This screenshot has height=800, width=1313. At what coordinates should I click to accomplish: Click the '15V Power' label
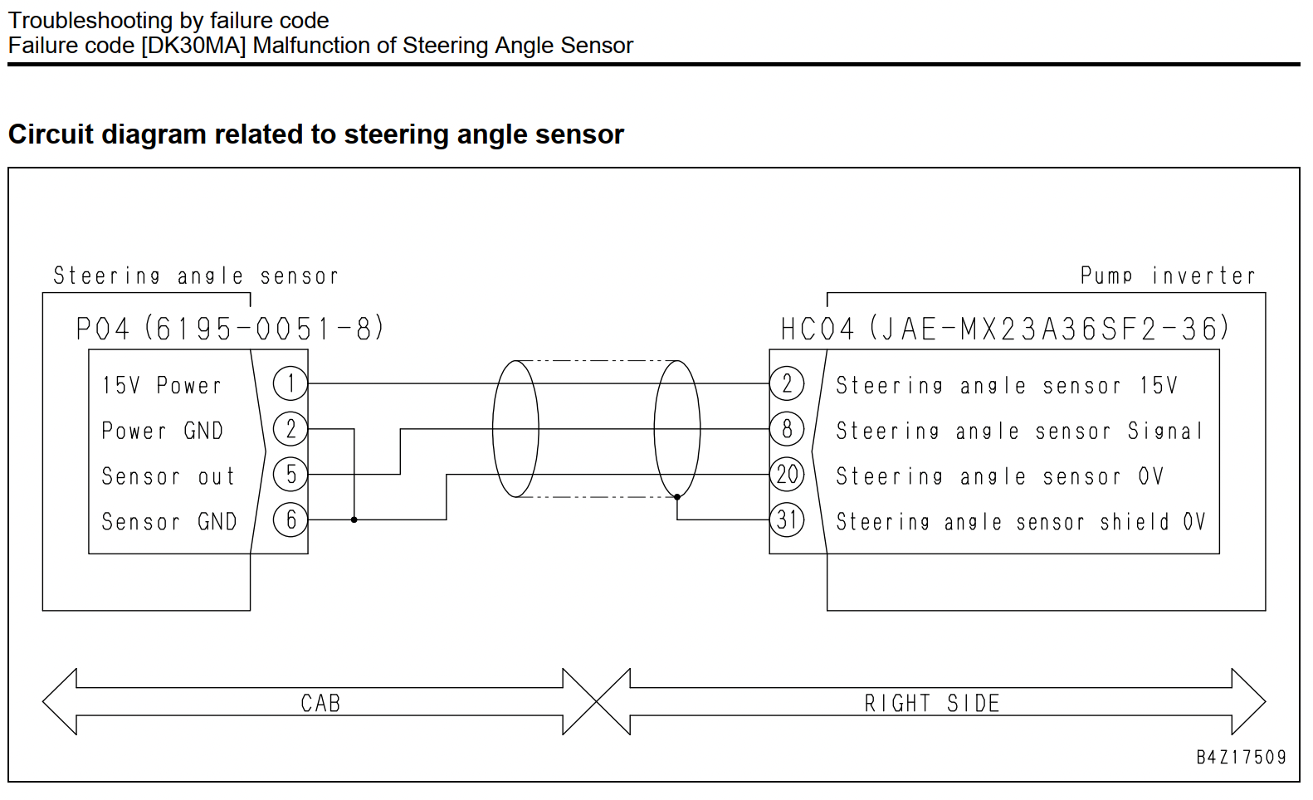click(x=162, y=386)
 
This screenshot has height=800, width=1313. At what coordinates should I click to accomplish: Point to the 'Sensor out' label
click(x=168, y=476)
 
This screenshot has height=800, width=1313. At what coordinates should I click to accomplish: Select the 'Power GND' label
click(x=163, y=431)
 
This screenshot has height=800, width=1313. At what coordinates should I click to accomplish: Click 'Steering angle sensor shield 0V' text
click(x=1021, y=522)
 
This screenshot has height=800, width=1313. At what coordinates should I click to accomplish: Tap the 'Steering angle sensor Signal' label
click(x=1018, y=432)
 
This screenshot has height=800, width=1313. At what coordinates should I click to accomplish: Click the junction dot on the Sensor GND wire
click(x=354, y=520)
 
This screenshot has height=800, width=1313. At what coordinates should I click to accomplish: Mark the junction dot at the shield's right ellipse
click(x=677, y=497)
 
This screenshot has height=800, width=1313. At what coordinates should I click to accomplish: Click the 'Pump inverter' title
click(x=1168, y=276)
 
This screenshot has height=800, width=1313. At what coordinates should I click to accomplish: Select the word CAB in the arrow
click(x=320, y=703)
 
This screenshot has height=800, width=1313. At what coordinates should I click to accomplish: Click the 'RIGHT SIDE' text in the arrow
click(x=932, y=703)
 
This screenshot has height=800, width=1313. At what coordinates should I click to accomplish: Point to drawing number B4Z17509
click(x=1241, y=758)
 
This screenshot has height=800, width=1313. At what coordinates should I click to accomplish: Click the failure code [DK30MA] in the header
click(x=193, y=46)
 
